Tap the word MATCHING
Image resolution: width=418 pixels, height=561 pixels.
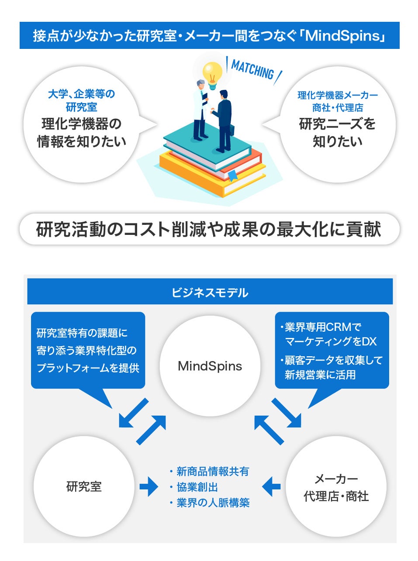tap(252, 70)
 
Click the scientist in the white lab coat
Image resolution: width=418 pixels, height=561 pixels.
tap(200, 109)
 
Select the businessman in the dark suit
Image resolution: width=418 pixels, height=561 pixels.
tap(223, 120)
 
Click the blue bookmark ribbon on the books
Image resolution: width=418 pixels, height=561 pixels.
tap(232, 175)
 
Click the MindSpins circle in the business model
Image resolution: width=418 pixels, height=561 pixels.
tap(210, 366)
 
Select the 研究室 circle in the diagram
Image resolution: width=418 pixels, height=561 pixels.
tap(84, 486)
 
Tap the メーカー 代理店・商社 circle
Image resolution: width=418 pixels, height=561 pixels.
tap(336, 487)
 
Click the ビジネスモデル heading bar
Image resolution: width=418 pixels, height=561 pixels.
tap(210, 292)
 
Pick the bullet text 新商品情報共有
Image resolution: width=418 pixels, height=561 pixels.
tap(212, 472)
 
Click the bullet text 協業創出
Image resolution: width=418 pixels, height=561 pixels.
tap(197, 487)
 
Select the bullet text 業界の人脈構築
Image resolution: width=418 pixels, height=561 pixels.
tap(213, 503)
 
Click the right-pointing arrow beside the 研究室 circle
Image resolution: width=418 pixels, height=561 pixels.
tap(149, 486)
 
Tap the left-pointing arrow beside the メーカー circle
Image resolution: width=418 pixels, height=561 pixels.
tap(272, 486)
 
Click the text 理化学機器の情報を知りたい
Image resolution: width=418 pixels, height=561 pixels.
tap(81, 133)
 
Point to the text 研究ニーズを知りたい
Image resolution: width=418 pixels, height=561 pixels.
tap(337, 133)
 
